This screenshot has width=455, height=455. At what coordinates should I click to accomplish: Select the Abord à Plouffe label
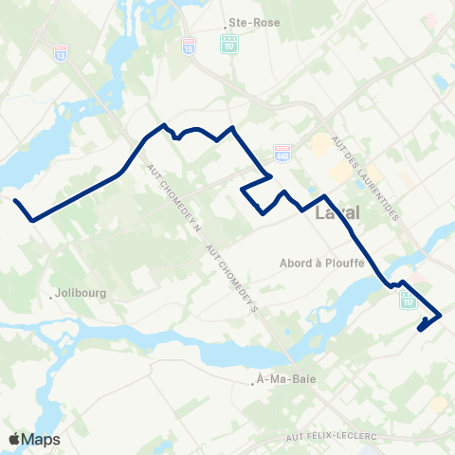(x=322, y=264)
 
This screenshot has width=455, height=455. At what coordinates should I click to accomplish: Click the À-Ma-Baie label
(x=289, y=380)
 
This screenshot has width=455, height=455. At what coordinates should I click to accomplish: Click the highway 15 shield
(x=193, y=44)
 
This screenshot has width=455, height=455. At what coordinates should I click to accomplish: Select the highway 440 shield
(x=281, y=152)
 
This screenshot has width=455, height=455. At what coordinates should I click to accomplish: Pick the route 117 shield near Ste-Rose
(x=227, y=44)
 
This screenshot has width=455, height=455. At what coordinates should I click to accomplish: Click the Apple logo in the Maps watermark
(x=15, y=439)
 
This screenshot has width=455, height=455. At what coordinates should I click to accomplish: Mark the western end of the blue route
(x=16, y=200)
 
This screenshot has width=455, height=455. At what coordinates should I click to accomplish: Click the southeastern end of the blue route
(x=420, y=329)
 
